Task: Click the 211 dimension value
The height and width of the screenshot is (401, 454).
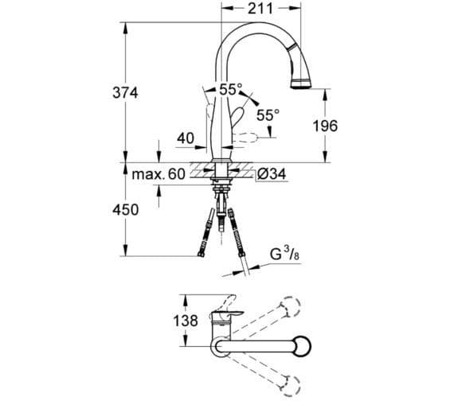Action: [x=260, y=9]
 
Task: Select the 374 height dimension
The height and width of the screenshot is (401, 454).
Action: [x=124, y=93]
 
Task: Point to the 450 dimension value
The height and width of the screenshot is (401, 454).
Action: [x=124, y=210]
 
